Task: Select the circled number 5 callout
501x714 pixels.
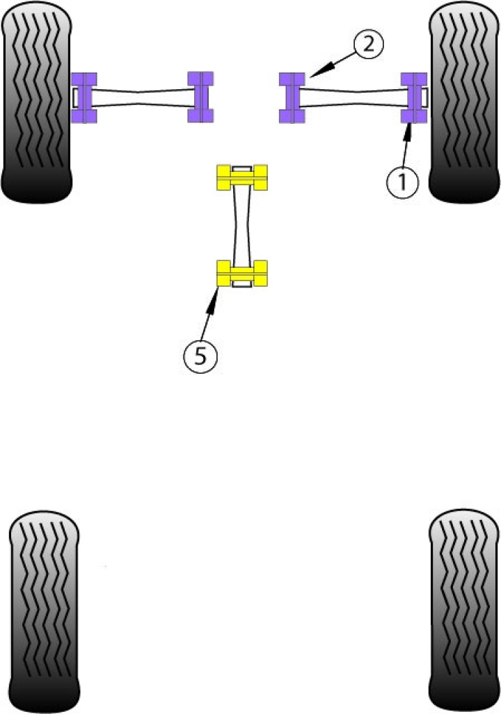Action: pos(200,356)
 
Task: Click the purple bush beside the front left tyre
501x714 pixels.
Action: pos(84,97)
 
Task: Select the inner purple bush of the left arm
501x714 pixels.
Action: pos(200,97)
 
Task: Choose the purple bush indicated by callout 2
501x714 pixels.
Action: pos(293,97)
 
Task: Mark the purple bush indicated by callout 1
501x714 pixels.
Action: pos(413,97)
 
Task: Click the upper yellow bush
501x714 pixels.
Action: pos(241,178)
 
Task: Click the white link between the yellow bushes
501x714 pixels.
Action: pos(241,225)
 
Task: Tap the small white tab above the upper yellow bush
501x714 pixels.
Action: pos(241,168)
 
